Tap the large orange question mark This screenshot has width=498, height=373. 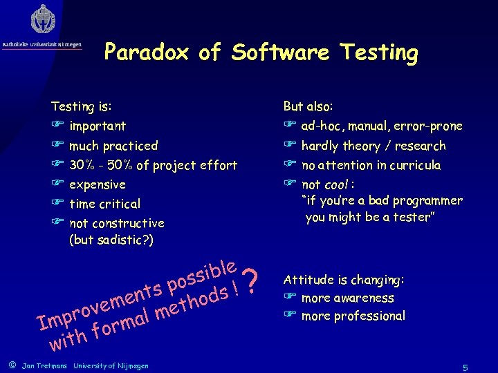coord(253,279)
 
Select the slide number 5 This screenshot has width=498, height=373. coord(465,366)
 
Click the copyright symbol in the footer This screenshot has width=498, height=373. coord(12,365)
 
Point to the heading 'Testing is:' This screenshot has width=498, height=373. coord(82,106)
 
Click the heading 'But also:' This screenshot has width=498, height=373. coord(308,106)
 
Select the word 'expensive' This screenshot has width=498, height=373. coord(98,184)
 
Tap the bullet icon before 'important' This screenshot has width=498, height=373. coord(58,126)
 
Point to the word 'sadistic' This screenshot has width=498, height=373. coord(123,240)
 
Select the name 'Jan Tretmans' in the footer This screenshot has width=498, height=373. coord(44,365)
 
